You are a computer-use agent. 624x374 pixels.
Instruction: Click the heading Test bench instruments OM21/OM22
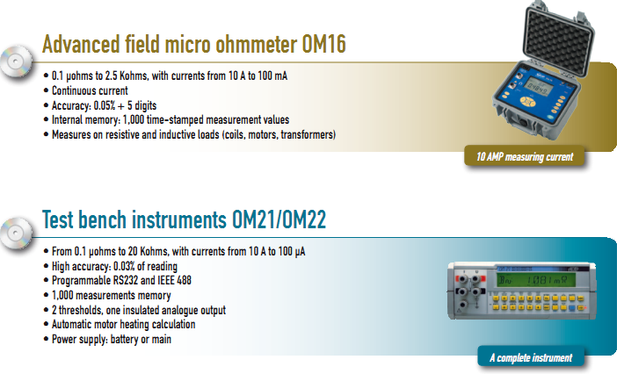(x=184, y=219)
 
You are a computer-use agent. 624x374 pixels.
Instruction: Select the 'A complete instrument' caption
(x=530, y=357)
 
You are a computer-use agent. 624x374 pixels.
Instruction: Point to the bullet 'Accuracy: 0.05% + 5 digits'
(x=114, y=105)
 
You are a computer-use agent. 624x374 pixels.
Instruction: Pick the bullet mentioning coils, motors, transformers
(x=193, y=134)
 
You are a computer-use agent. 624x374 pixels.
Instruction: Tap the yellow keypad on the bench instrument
(x=536, y=303)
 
